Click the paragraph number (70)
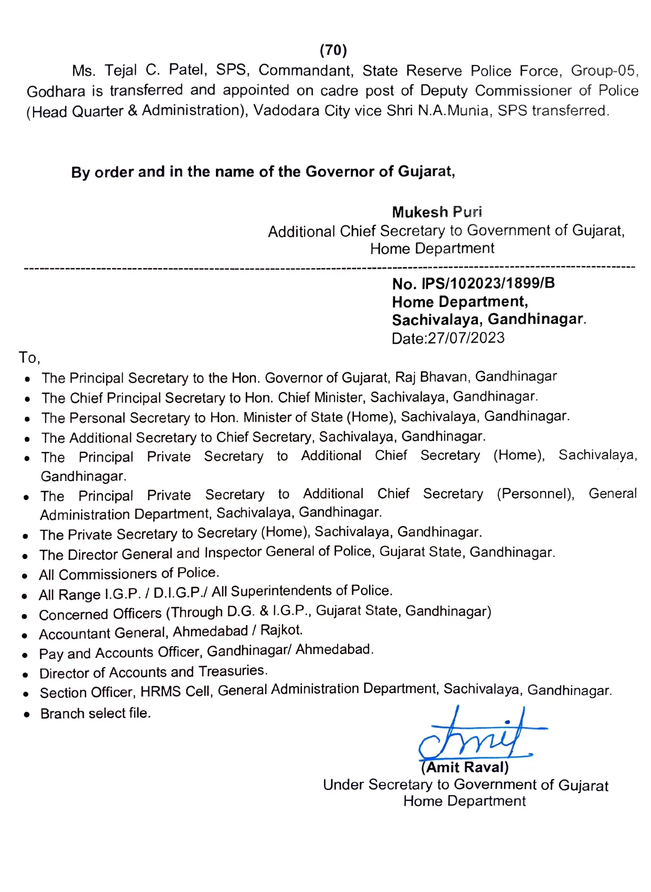click(333, 50)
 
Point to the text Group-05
click(604, 71)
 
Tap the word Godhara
click(56, 91)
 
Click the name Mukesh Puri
click(437, 212)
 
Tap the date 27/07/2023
click(466, 338)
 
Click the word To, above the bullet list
click(29, 358)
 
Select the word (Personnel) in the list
click(535, 494)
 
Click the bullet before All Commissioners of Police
click(25, 576)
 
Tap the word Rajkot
click(281, 630)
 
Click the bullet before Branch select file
click(27, 715)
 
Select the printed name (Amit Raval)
click(465, 768)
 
